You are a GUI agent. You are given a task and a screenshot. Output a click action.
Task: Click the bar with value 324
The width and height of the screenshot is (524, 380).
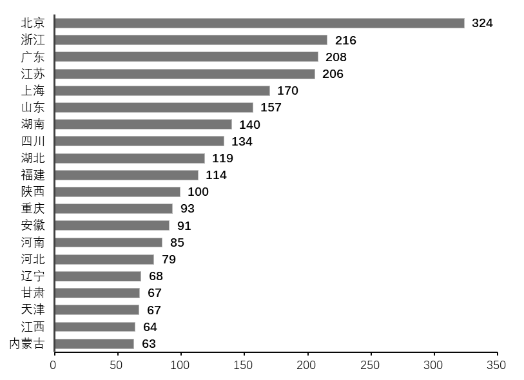click(260, 23)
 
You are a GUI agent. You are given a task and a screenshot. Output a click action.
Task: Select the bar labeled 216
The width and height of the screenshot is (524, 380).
click(191, 40)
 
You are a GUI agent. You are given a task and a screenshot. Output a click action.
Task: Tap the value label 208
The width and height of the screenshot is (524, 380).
click(336, 57)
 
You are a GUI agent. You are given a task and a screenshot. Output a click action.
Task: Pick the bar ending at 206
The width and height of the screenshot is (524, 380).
click(185, 74)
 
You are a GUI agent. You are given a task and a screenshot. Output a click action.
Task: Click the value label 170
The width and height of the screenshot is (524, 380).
click(287, 91)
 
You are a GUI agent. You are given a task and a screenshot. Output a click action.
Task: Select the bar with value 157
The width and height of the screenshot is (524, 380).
click(154, 108)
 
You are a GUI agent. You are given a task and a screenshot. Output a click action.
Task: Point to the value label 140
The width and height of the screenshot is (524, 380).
click(249, 125)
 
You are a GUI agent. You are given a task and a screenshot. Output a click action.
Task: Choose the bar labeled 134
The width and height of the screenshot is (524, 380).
click(140, 141)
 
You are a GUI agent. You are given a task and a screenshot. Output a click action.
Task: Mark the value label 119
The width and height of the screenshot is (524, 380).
click(222, 158)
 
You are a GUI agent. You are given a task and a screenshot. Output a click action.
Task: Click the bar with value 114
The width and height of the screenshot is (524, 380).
click(127, 175)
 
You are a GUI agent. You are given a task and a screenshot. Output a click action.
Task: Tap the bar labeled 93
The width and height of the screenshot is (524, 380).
click(114, 209)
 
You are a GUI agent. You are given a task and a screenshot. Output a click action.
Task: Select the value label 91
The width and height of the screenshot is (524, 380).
click(184, 226)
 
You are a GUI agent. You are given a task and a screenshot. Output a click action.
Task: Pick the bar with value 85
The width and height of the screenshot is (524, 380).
click(109, 243)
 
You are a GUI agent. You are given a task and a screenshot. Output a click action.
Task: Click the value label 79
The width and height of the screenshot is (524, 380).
click(169, 260)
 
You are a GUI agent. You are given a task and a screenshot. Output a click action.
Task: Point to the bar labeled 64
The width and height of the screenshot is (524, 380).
click(95, 327)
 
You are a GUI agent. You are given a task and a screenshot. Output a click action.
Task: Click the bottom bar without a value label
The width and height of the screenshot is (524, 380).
click(95, 344)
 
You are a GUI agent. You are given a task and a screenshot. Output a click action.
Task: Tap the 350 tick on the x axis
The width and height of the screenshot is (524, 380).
click(496, 365)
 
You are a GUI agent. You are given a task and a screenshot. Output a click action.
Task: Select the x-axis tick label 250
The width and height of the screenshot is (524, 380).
click(370, 365)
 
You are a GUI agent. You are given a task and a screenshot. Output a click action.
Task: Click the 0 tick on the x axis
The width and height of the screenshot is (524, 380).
click(53, 365)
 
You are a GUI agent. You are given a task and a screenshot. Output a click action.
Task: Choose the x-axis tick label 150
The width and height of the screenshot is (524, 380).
click(243, 365)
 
